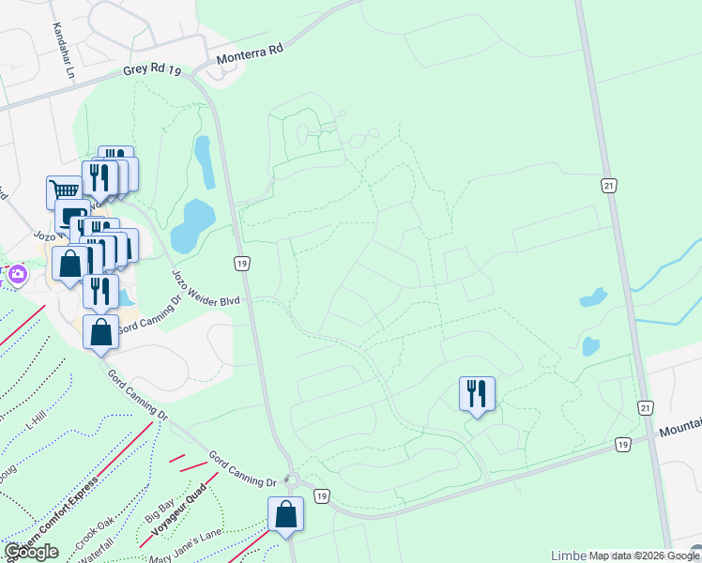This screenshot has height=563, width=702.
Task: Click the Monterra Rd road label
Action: [250, 55]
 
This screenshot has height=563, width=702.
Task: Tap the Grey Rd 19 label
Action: [151, 71]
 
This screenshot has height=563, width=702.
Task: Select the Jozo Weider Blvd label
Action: [206, 287]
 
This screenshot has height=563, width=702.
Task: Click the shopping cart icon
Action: [64, 191]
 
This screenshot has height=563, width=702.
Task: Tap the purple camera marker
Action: [17, 275]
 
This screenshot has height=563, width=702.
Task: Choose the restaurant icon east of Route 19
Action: [477, 392]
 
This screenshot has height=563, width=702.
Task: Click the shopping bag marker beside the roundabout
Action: [285, 513]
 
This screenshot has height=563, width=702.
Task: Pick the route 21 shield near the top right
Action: [609, 186]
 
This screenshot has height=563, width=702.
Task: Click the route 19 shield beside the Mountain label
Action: [622, 443]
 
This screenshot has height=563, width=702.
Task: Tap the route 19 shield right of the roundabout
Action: [321, 495]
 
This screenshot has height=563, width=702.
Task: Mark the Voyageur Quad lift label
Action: [178, 508]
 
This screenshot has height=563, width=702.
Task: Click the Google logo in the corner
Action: [31, 552]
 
